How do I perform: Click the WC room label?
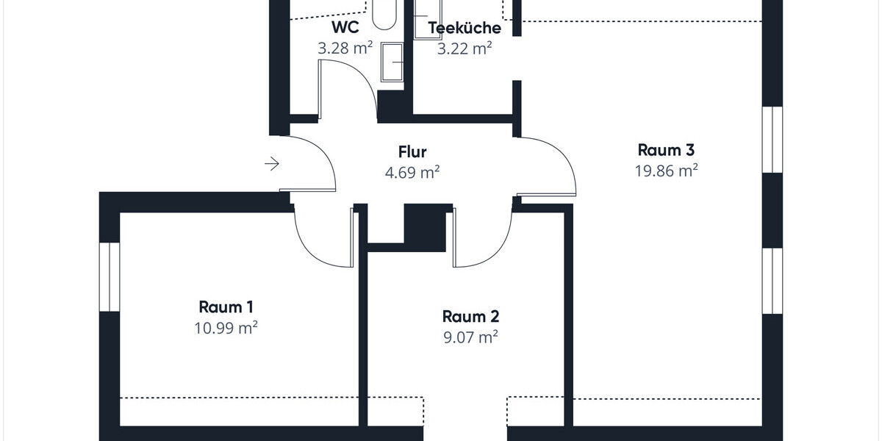coord(345,28)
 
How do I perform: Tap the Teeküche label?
coord(464,28)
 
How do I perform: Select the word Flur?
coord(412,152)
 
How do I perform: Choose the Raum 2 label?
coord(470,317)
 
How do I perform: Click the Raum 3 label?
coord(666,150)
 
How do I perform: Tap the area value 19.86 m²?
coord(666,171)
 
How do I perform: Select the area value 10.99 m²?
coord(226,328)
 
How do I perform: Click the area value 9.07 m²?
coord(470,338)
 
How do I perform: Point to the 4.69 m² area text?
coord(412,173)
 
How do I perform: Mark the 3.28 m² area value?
coord(345,49)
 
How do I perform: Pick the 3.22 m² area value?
coord(464,49)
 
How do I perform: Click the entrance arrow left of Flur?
coord(272,164)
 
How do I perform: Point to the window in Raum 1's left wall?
coord(109,276)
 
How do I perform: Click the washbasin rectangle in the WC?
coord(392,62)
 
